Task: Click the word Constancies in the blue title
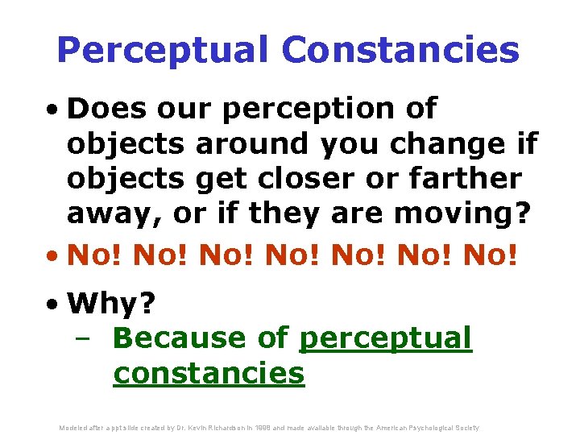click(x=400, y=51)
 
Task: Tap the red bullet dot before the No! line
click(x=53, y=258)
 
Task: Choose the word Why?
click(x=113, y=304)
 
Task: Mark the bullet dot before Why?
click(x=53, y=305)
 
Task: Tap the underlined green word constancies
click(x=209, y=374)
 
